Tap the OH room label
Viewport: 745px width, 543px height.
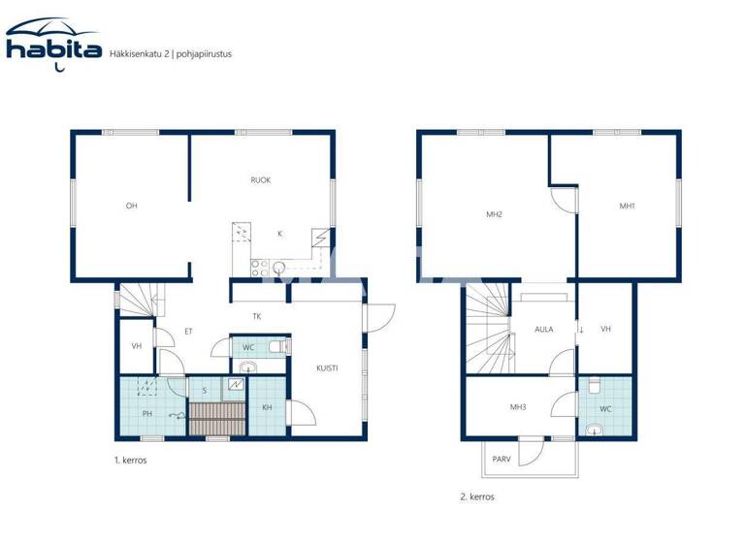pos(131,206)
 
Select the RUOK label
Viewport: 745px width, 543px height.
pos(260,180)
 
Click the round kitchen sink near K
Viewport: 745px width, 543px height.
pos(279,267)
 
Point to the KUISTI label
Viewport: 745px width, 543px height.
pos(327,367)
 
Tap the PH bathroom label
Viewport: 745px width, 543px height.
pos(146,414)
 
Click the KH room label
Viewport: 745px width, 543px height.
pos(267,407)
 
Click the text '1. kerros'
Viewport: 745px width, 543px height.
pos(129,461)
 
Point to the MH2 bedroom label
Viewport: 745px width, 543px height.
pos(494,213)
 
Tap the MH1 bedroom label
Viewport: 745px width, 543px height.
pos(628,206)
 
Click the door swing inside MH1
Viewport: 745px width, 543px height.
pos(563,200)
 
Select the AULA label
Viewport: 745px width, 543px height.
pos(543,330)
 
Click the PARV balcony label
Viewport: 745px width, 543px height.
pos(502,459)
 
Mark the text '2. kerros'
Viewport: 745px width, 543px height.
pos(477,496)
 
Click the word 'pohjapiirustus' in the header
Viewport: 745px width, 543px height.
pos(205,54)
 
